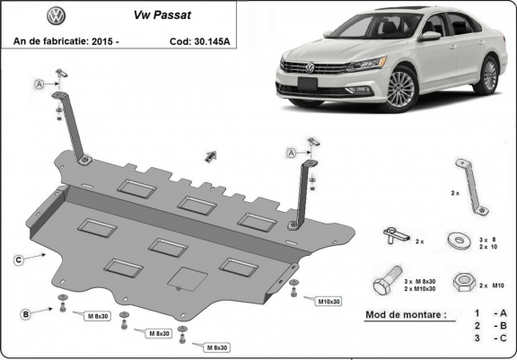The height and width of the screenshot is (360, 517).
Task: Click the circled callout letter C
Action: tap(19, 259)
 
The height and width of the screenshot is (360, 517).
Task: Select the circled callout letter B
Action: tap(26, 312)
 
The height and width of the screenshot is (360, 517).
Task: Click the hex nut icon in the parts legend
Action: tap(464, 283)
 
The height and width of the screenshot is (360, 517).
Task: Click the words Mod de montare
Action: tap(404, 315)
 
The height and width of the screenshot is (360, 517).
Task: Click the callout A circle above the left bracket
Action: tap(39, 84)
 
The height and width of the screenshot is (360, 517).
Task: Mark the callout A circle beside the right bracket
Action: tap(293, 154)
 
